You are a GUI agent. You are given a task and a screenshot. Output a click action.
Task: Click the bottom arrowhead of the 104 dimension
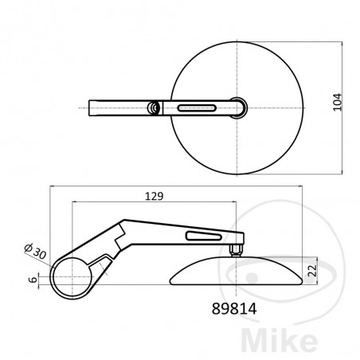(342, 170)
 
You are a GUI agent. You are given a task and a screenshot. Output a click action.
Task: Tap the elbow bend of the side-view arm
(121, 227)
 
